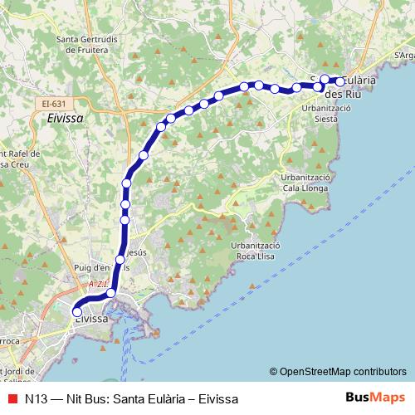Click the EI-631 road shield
(54, 103)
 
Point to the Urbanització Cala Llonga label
(307, 182)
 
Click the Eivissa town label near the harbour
(91, 319)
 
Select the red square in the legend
(12, 398)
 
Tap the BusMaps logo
(375, 398)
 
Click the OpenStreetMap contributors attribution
(338, 371)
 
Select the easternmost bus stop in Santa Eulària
(340, 82)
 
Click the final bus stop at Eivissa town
(78, 313)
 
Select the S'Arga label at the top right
(404, 56)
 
